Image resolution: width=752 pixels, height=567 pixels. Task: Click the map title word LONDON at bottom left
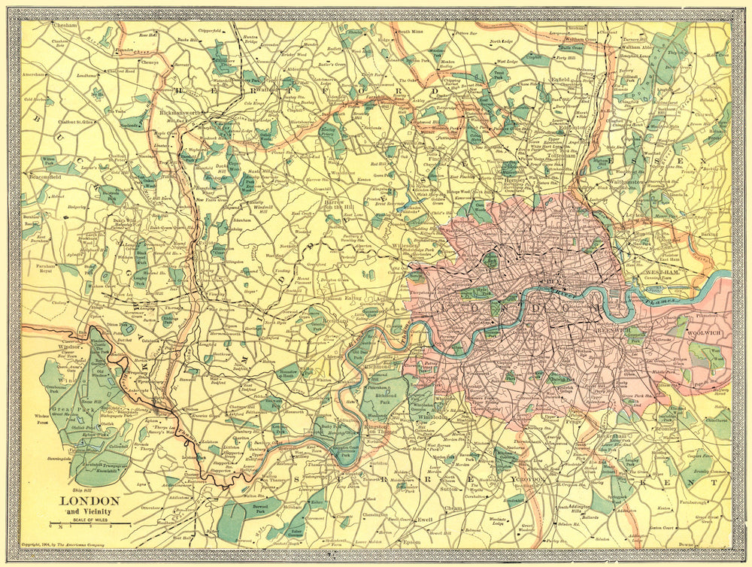click(89, 501)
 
